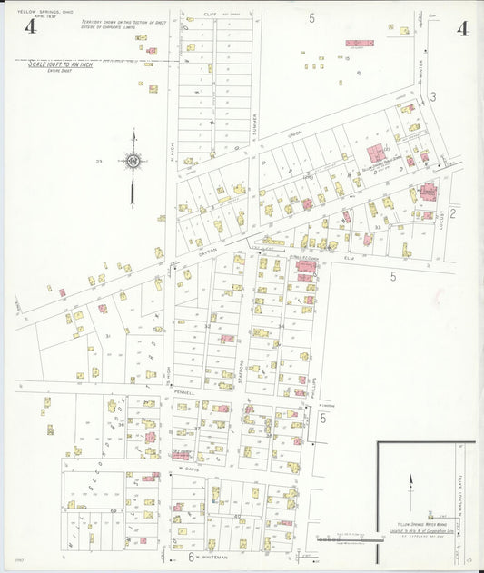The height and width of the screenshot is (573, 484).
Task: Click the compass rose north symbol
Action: point(133,162)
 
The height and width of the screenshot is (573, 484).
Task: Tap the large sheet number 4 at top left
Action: point(30,26)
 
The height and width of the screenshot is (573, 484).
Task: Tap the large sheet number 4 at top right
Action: point(462,27)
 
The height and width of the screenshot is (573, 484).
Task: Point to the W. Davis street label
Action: point(188,469)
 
